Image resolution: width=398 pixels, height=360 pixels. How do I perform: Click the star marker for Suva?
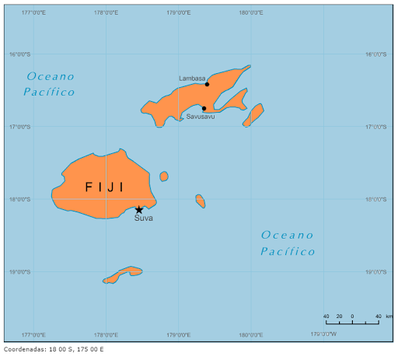[139, 209]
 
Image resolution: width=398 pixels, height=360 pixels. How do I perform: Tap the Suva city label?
[144, 218]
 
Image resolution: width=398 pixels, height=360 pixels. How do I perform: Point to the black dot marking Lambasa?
[207, 84]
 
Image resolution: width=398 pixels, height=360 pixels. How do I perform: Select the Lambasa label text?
[192, 79]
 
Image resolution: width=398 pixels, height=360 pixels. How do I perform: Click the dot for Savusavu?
[204, 108]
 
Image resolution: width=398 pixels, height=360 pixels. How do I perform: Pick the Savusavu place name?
[200, 117]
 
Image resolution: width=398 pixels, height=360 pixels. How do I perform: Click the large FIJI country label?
[104, 187]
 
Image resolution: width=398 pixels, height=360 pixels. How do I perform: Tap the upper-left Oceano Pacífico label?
[51, 84]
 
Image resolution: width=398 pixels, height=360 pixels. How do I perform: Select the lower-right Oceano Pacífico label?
[288, 243]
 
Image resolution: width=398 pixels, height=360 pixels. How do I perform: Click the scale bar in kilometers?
[352, 320]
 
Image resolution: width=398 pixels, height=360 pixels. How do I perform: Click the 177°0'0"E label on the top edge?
[33, 12]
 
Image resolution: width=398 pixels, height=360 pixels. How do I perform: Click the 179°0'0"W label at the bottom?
[323, 335]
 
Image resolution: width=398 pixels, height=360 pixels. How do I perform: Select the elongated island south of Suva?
[123, 274]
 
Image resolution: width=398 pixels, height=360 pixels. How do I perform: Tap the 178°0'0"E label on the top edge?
[106, 12]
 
